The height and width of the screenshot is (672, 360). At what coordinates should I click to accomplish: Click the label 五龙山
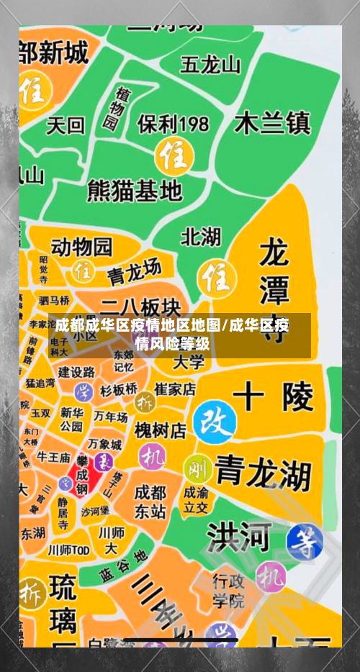[210, 65]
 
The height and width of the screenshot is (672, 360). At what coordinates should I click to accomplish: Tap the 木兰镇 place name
[272, 123]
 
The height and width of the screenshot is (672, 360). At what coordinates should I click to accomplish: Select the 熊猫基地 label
[134, 190]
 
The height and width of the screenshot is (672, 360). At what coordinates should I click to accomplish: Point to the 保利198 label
[173, 124]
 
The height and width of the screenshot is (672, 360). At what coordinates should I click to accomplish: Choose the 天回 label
[65, 126]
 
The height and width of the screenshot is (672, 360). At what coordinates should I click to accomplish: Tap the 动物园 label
[81, 247]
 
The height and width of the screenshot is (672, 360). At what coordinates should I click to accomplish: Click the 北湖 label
[201, 237]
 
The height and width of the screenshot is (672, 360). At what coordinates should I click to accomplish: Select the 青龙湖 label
[263, 472]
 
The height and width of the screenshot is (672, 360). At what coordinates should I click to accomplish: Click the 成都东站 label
[150, 502]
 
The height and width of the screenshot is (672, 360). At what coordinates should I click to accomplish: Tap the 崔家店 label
[175, 389]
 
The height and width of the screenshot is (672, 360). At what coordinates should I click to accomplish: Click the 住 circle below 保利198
[173, 155]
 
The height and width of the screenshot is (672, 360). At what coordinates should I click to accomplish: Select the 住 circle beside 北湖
[214, 276]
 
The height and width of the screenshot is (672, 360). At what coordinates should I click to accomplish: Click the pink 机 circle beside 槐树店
[152, 455]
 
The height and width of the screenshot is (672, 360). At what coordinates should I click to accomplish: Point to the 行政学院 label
[228, 590]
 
